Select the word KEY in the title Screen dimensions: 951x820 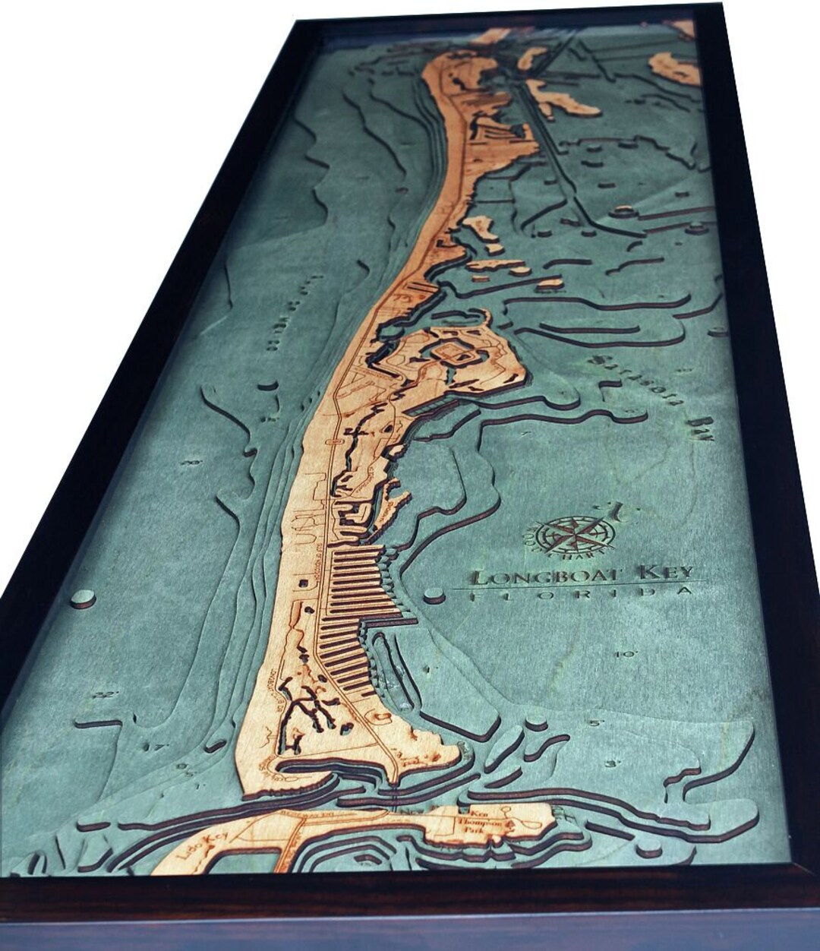[x=665, y=573]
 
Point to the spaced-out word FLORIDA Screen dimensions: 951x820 [x=581, y=595]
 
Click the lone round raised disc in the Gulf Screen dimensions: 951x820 [x=82, y=598]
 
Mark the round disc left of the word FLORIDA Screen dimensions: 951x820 [x=434, y=596]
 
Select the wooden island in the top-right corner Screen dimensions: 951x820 [x=674, y=68]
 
